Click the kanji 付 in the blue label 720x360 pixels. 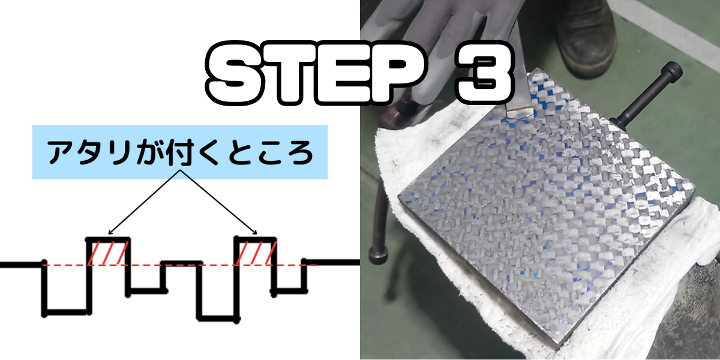point(181,152)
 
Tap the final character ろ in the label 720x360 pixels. point(299,152)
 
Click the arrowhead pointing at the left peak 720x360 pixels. point(110,233)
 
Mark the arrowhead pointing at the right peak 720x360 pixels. point(255,233)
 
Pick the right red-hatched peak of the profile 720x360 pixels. point(256,252)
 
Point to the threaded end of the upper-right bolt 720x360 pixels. point(619,121)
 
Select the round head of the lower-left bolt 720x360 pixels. point(378,256)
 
